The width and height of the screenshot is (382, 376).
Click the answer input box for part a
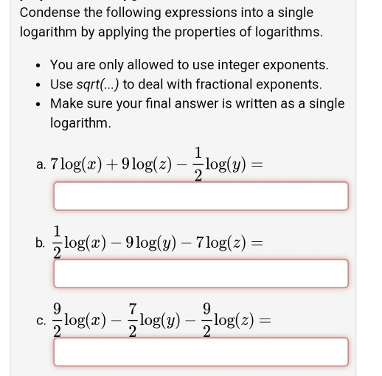(200, 196)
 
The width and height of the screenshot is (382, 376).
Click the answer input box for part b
(200, 273)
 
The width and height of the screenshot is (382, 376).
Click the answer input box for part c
(200, 351)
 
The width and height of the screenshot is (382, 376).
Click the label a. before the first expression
(41, 164)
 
